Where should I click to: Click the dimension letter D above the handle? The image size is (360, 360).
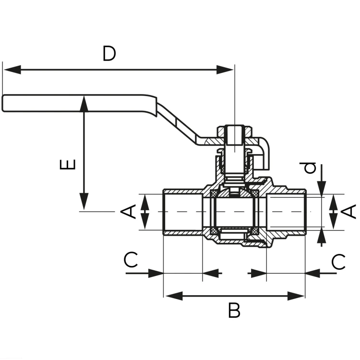109,53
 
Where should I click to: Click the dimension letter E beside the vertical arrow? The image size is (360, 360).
68,164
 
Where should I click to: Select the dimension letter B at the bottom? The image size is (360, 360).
234,311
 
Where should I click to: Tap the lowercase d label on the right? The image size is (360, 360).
310,168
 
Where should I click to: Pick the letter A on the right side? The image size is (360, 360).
348,212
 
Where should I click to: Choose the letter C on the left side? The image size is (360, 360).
131,260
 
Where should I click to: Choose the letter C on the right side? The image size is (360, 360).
338,262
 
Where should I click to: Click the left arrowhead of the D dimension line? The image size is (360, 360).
12,70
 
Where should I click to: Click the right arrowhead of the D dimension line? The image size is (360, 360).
225,70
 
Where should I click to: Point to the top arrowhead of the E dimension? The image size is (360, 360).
84,104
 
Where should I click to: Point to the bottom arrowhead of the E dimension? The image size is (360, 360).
84,201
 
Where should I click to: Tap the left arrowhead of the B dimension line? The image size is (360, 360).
174,296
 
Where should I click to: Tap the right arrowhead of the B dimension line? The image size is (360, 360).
296,296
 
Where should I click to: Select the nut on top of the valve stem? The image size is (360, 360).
234,132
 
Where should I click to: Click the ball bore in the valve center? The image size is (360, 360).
234,212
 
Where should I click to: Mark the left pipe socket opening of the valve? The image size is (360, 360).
183,212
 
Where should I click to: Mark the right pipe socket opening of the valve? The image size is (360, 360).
286,212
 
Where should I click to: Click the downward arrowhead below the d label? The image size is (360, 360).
322,189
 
